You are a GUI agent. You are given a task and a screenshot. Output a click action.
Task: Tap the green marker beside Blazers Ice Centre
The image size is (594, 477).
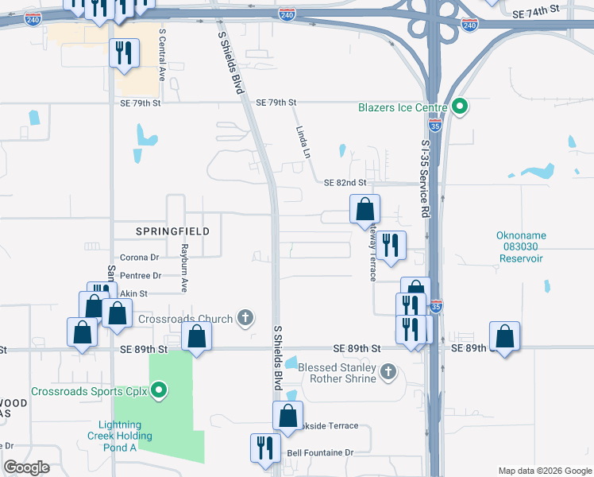[459, 107]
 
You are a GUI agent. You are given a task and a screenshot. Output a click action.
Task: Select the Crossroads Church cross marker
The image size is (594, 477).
[245, 319]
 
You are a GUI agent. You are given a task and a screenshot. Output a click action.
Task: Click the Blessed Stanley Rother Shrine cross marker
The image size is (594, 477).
[388, 371]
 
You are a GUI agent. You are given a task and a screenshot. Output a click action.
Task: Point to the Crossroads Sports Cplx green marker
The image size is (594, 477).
[159, 390]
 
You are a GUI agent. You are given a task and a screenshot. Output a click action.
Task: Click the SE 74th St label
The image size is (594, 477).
[536, 14]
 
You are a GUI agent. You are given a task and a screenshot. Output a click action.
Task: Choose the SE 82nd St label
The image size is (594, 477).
[345, 183]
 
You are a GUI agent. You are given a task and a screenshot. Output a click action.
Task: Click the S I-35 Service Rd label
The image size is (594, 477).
[426, 180]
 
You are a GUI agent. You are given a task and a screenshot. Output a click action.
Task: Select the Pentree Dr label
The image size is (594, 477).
[140, 275]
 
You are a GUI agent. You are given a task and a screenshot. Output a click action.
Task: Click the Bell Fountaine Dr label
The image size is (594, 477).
[320, 452]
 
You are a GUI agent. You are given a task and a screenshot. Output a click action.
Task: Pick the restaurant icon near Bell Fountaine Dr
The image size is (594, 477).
[264, 448]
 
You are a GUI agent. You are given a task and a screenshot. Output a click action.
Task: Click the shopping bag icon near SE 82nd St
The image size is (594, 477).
[364, 209]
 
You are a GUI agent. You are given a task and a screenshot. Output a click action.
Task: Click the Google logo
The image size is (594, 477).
[26, 467]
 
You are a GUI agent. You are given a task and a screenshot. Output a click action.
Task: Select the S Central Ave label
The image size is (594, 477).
[162, 56]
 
